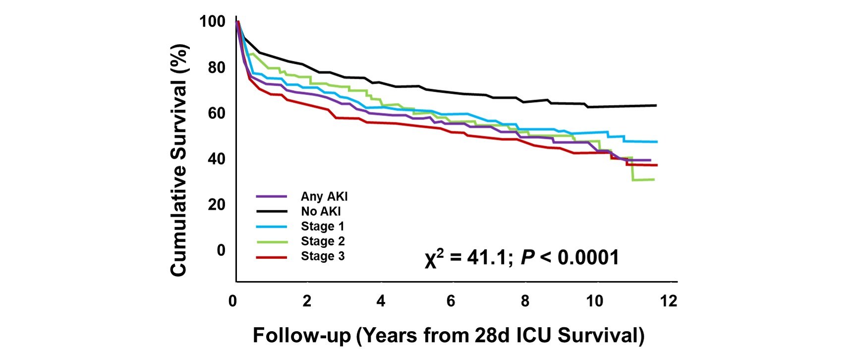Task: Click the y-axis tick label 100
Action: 212,22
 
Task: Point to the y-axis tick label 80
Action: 216,67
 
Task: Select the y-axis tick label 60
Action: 216,113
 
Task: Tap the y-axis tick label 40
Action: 216,159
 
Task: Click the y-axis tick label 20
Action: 216,204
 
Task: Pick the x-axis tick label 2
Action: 307,301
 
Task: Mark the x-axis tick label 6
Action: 451,301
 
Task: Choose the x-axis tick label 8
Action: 525,301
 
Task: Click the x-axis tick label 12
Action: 668,301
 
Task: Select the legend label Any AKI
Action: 324,196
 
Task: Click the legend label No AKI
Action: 321,211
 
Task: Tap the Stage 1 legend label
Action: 322,226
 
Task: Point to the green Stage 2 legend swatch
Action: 272,241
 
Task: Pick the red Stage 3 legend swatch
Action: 272,257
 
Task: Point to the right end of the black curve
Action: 656,105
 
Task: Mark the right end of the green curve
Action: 654,180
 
